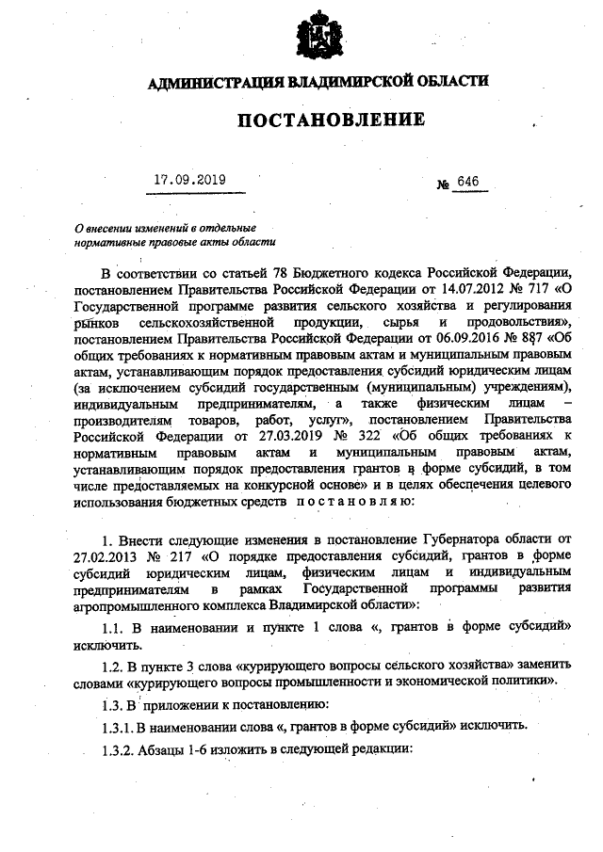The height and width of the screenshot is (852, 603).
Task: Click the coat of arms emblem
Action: [x=318, y=37]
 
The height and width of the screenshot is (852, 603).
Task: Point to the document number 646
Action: [x=467, y=182]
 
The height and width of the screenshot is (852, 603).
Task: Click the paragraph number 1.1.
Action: [x=118, y=629]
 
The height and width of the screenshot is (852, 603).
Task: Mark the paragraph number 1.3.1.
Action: [x=123, y=725]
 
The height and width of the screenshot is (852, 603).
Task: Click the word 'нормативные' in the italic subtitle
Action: [x=109, y=242]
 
